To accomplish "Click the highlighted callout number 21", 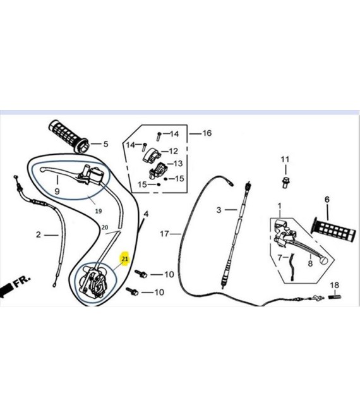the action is (125, 258).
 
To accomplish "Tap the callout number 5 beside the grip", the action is (106, 144).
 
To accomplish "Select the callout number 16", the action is (207, 133).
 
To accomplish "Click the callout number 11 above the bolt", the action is (285, 159).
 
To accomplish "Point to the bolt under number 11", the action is (285, 183).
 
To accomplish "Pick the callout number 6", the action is (327, 200).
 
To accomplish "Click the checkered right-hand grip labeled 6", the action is (333, 230).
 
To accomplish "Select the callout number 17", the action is (164, 234).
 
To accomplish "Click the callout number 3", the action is (219, 210).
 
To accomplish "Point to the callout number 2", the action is (39, 234).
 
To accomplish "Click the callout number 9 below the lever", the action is (57, 191).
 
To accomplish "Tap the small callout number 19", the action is (99, 211).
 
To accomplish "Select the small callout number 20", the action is (105, 227).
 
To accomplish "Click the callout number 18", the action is (335, 285).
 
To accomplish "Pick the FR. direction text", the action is (22, 281).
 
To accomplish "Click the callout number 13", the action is (178, 163).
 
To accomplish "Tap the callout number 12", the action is (173, 151).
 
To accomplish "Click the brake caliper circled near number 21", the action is (94, 282).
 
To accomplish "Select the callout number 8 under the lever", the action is (310, 263).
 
